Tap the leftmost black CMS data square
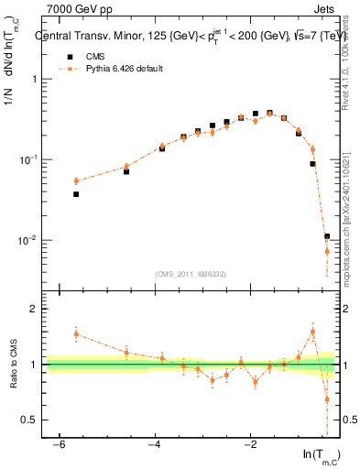76,194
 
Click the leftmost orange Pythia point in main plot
76,181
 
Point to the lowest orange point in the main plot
327,251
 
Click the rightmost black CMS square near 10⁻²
327,236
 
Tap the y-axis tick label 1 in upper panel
35,79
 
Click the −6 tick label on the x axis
59,444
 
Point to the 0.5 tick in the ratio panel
31,420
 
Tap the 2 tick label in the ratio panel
35,310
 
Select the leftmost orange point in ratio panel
76,334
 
